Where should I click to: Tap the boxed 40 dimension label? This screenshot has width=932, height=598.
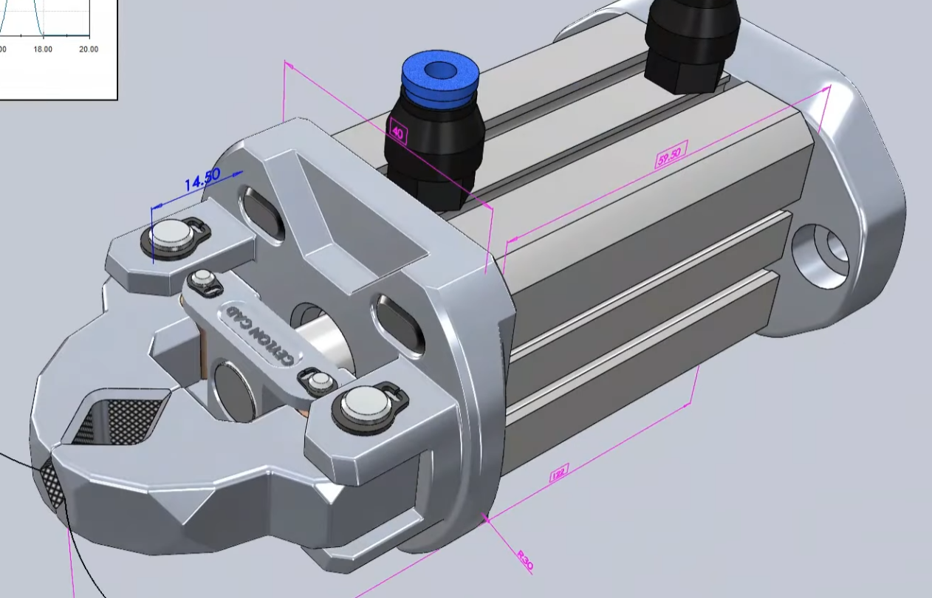[397, 134]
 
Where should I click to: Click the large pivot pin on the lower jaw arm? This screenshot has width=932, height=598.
[364, 405]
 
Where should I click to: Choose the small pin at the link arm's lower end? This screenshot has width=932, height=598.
[319, 381]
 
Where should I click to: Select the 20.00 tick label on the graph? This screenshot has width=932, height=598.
[88, 49]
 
